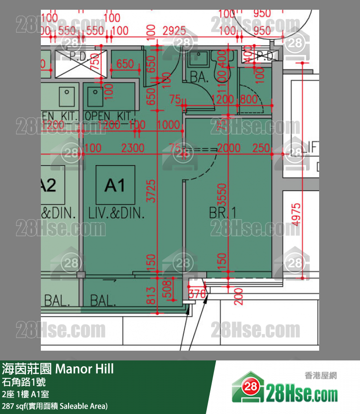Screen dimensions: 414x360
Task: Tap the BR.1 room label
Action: [222, 213]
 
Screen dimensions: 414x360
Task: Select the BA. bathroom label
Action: [199, 76]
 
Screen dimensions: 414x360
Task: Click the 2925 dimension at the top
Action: [174, 31]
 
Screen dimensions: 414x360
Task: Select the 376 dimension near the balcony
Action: [197, 294]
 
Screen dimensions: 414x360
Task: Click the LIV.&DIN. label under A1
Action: [117, 213]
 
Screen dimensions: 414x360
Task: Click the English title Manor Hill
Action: [85, 369]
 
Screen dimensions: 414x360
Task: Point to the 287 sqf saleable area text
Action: [54, 406]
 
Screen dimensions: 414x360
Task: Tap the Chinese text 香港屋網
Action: [321, 376]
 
